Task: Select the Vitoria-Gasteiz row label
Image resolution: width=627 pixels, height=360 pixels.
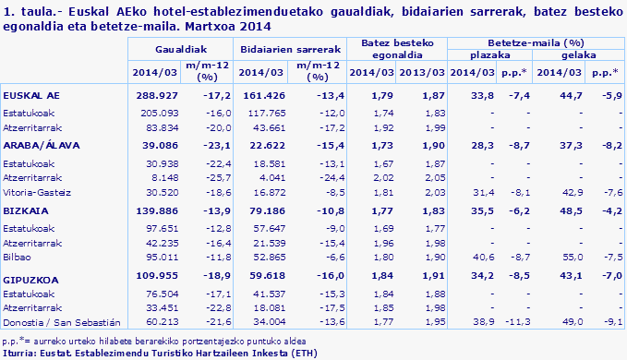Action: tap(36, 192)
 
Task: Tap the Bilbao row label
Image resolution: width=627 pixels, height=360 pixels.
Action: tap(18, 258)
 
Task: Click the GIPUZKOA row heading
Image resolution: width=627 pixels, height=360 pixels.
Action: tap(29, 275)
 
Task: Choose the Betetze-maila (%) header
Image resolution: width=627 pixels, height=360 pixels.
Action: tap(535, 42)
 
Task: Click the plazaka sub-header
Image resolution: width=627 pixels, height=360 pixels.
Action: tap(492, 55)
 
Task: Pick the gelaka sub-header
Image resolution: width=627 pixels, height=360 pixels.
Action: tap(578, 55)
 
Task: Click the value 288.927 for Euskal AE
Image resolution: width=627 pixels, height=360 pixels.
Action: tap(156, 95)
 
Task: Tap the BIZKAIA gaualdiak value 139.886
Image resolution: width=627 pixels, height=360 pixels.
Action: tap(156, 211)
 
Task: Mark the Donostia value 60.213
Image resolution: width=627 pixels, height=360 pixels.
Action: tap(160, 322)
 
